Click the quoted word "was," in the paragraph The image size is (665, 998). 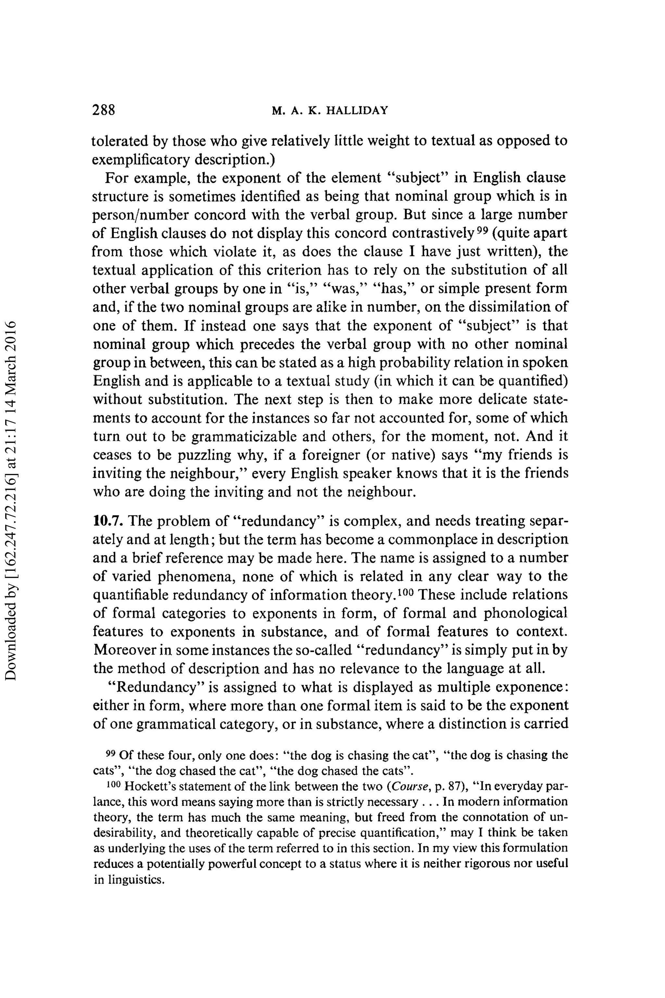click(x=345, y=289)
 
